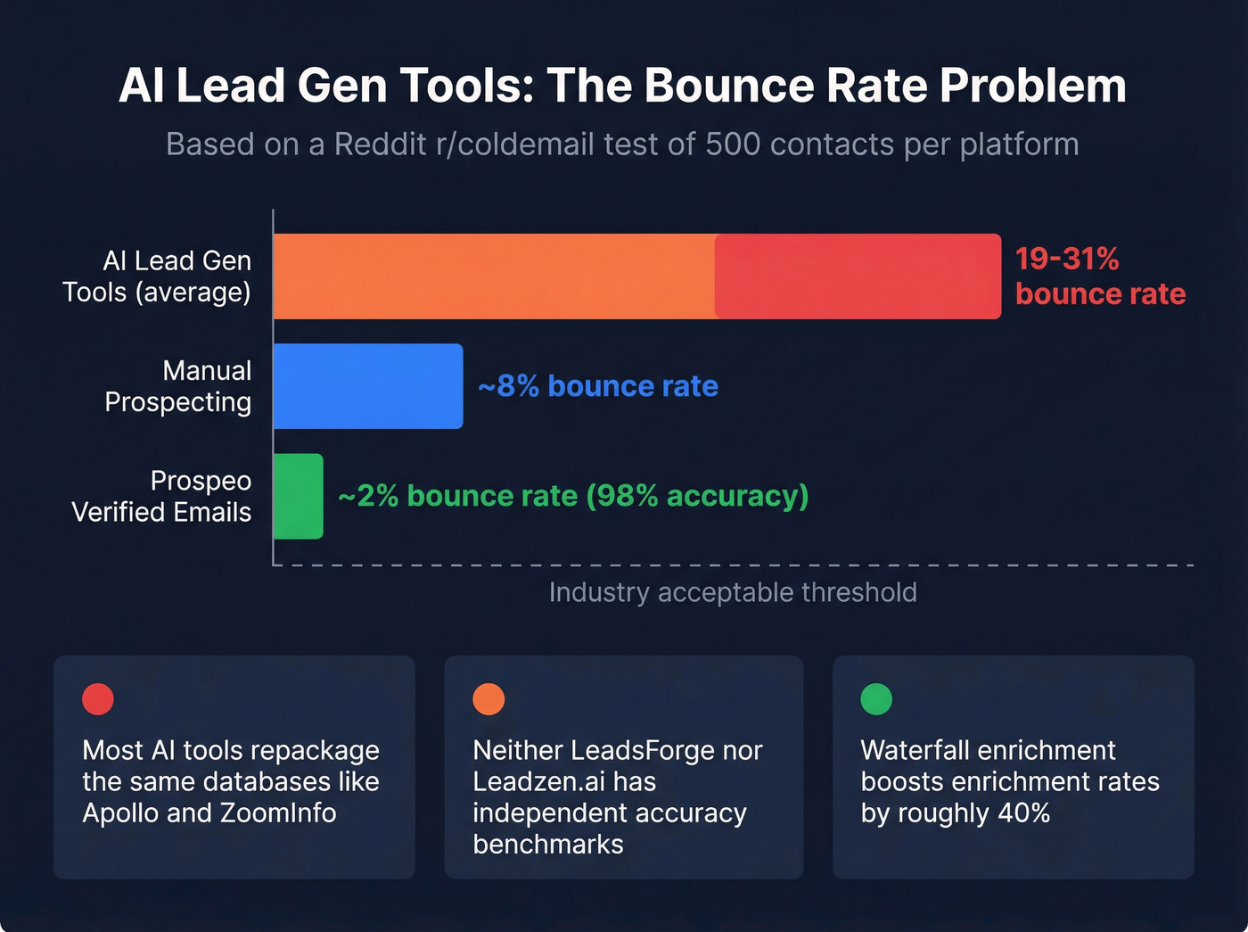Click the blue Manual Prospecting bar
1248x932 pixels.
pyautogui.click(x=368, y=386)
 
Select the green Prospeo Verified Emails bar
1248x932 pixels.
pyautogui.click(x=298, y=496)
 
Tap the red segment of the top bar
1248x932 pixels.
pyautogui.click(x=858, y=276)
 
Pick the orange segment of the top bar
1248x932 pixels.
pyautogui.click(x=494, y=276)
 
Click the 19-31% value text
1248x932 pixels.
pyautogui.click(x=1067, y=259)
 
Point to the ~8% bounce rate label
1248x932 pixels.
pyautogui.click(x=598, y=386)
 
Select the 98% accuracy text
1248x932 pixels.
pyautogui.click(x=697, y=496)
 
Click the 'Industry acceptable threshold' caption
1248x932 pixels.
pyautogui.click(x=733, y=592)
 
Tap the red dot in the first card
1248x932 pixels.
pyautogui.click(x=98, y=699)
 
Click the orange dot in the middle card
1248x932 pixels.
pyautogui.click(x=489, y=699)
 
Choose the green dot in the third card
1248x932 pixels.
pyautogui.click(x=876, y=699)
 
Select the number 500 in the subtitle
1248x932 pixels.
pyautogui.click(x=733, y=144)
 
